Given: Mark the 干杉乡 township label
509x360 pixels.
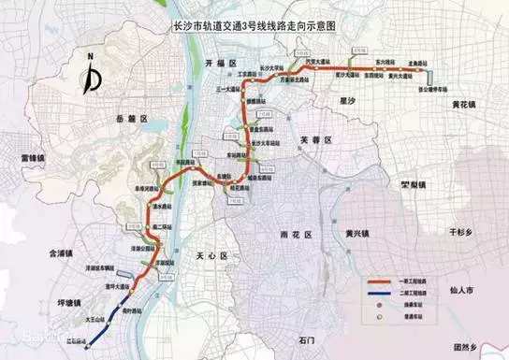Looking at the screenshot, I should coord(462,227).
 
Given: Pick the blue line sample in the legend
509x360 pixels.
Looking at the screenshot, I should coord(377,294).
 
